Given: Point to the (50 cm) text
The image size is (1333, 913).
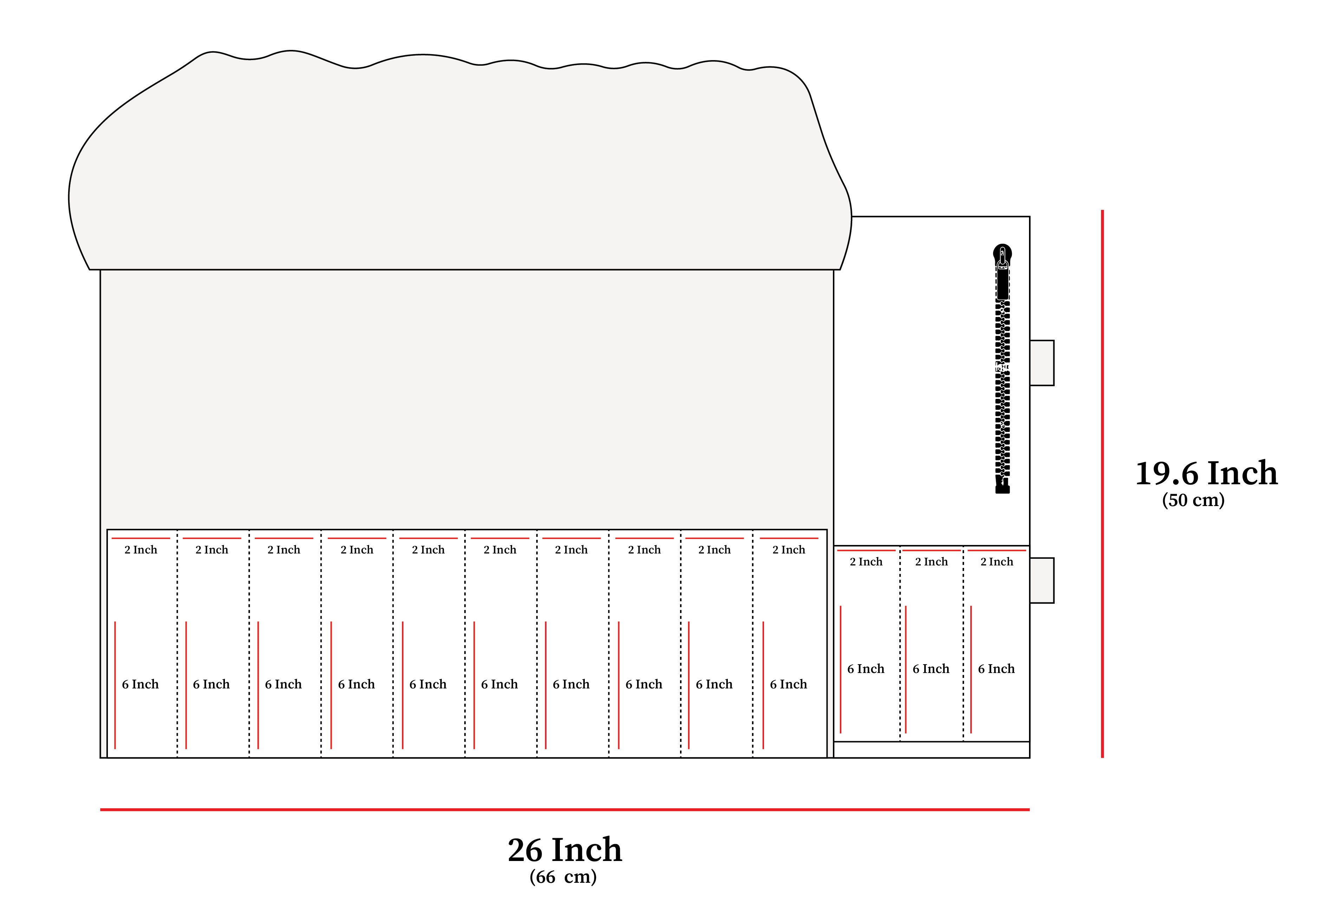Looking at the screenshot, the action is (x=1193, y=500).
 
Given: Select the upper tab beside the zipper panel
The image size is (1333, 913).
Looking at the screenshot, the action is (x=1042, y=363).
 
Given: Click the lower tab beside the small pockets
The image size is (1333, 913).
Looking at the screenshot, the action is (x=1042, y=580).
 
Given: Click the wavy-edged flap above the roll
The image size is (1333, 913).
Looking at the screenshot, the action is (x=459, y=161).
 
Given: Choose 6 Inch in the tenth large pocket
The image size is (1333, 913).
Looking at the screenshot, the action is (x=788, y=684).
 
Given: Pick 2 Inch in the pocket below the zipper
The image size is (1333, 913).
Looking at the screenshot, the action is (x=997, y=562).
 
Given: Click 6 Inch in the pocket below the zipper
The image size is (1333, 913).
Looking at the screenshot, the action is (x=996, y=669).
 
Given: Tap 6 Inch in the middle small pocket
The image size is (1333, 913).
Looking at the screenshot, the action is (x=931, y=669).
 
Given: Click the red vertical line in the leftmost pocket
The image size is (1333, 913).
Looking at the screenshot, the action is (x=115, y=685).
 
